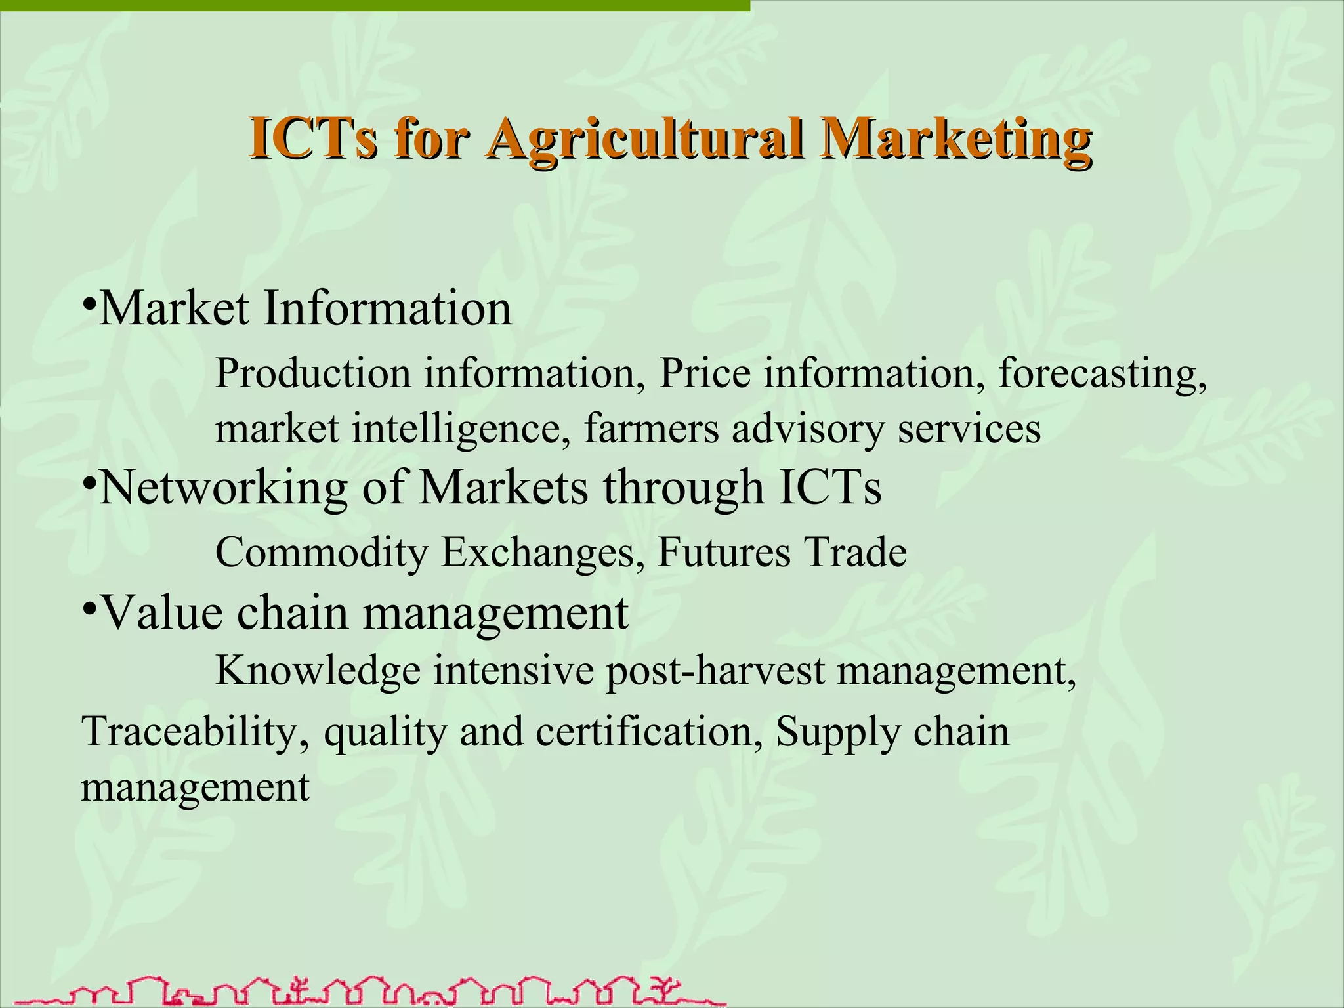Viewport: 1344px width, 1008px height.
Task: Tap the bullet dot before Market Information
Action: pyautogui.click(x=90, y=304)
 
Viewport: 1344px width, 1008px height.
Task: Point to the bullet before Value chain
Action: pyautogui.click(x=90, y=608)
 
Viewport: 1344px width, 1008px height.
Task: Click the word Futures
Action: pyautogui.click(x=724, y=553)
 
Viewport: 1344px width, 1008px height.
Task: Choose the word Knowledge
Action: pyautogui.click(x=318, y=672)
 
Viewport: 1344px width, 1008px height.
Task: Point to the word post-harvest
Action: pyautogui.click(x=715, y=672)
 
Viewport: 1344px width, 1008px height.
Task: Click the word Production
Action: pyautogui.click(x=313, y=374)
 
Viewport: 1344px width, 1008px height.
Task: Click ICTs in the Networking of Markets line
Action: pyautogui.click(x=830, y=488)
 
